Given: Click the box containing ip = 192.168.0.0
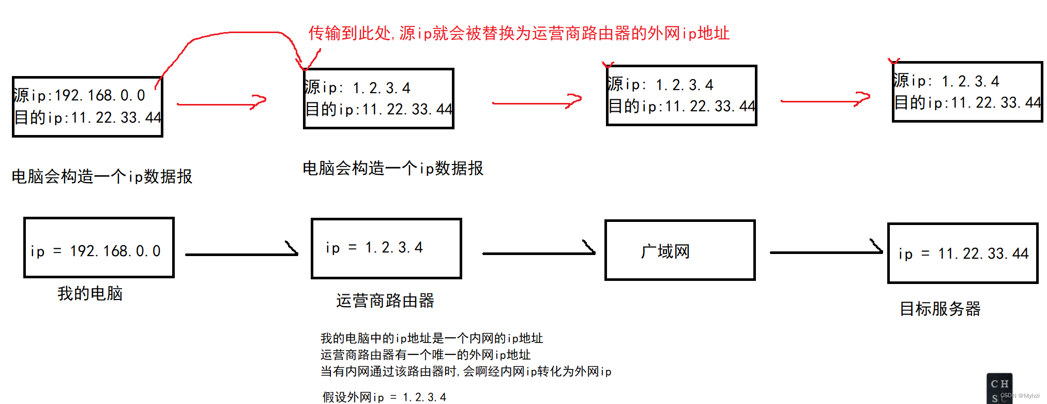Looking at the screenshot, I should pyautogui.click(x=99, y=248).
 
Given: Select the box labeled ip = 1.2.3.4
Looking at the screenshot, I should pyautogui.click(x=386, y=248).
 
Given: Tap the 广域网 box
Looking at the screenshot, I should pyautogui.click(x=680, y=250).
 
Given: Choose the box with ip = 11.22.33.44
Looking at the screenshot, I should pyautogui.click(x=963, y=253).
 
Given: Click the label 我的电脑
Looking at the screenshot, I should pyautogui.click(x=90, y=294).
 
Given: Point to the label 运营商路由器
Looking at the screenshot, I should pyautogui.click(x=385, y=301).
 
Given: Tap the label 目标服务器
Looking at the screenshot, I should pyautogui.click(x=940, y=309).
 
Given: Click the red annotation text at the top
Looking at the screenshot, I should pyautogui.click(x=519, y=34).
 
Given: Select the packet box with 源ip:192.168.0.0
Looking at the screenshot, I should pyautogui.click(x=87, y=107).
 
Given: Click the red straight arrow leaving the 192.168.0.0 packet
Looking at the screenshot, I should pyautogui.click(x=221, y=103).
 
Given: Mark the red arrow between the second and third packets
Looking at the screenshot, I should pyautogui.click(x=537, y=102).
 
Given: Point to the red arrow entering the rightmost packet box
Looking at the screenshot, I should pyautogui.click(x=825, y=100).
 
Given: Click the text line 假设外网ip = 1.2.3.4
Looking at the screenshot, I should pyautogui.click(x=384, y=397).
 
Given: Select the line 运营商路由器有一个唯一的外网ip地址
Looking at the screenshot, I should pyautogui.click(x=426, y=355).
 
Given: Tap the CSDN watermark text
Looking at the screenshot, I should pyautogui.click(x=1019, y=396).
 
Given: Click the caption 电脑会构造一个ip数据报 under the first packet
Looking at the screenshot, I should pyautogui.click(x=102, y=176).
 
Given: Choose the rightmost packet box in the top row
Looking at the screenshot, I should pyautogui.click(x=967, y=92).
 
